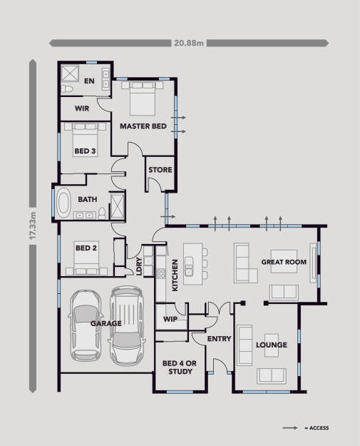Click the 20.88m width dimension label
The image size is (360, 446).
point(189,43)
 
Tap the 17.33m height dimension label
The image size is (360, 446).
point(33,225)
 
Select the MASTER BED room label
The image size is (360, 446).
point(143,126)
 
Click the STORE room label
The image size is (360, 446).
point(160,170)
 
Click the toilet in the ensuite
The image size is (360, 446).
point(67,88)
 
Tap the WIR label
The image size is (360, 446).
point(82,108)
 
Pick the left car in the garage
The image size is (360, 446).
point(86,325)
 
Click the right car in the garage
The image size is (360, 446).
point(126,325)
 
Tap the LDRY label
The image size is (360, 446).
point(139,266)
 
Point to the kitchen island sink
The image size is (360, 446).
point(189,266)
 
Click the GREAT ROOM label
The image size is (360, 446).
point(284,262)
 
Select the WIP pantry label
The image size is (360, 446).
point(170,319)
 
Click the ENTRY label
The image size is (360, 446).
point(219,339)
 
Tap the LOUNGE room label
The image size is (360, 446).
point(272,345)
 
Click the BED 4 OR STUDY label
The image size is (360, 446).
point(180,368)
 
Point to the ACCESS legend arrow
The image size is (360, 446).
point(290,427)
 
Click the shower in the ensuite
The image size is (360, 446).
point(70,74)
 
